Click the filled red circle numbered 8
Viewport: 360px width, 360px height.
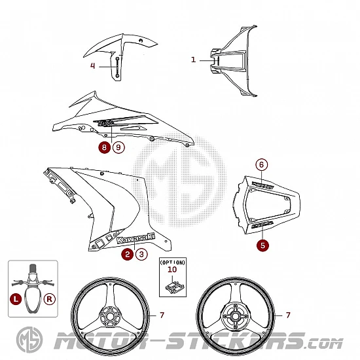click(x=105, y=147)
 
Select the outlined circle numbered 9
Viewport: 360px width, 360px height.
click(x=118, y=147)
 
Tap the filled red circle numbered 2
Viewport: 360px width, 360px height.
click(x=128, y=254)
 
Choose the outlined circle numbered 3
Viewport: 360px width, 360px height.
click(x=141, y=254)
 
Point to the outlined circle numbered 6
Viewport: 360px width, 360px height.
click(x=262, y=164)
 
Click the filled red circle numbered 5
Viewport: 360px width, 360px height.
click(x=262, y=245)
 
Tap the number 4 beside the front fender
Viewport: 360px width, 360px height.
click(x=92, y=66)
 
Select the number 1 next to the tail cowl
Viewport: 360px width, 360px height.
click(x=194, y=60)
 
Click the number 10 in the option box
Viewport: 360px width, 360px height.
click(x=172, y=269)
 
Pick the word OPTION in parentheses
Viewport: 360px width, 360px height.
click(x=173, y=262)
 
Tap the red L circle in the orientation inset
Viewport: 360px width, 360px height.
click(x=16, y=299)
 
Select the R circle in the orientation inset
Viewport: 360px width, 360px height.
click(x=49, y=299)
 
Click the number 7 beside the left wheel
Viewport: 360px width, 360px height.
click(x=162, y=315)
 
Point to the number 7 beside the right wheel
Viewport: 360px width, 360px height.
click(x=288, y=315)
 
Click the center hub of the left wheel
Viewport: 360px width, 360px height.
click(x=110, y=317)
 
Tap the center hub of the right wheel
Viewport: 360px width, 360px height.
click(x=235, y=317)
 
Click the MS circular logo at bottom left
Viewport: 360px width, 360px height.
click(x=29, y=340)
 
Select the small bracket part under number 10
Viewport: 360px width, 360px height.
click(x=175, y=287)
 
